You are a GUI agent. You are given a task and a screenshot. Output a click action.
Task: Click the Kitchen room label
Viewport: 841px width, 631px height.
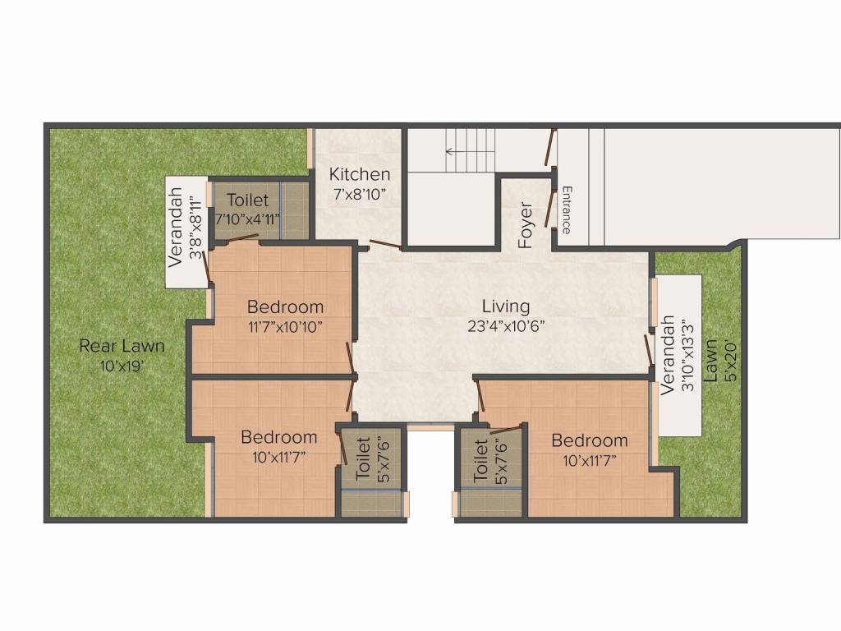[360, 174]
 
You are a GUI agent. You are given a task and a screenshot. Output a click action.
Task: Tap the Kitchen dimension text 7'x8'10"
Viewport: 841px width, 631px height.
[360, 196]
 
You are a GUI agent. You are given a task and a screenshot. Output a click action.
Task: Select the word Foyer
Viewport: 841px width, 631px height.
[526, 224]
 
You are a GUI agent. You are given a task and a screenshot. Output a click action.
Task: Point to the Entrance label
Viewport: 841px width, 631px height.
[566, 210]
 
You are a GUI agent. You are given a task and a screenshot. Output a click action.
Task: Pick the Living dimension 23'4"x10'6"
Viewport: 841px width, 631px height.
[505, 325]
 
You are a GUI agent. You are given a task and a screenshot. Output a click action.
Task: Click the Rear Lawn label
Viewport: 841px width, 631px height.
[122, 346]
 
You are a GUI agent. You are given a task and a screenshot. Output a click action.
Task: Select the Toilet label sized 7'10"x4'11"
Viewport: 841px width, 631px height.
[248, 200]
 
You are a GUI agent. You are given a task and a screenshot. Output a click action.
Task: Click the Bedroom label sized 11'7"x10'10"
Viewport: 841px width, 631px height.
[286, 307]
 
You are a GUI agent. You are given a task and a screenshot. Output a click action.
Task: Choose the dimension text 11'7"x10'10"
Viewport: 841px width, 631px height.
[286, 326]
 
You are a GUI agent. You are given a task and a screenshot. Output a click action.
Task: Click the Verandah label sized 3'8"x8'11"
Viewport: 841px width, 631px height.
[176, 233]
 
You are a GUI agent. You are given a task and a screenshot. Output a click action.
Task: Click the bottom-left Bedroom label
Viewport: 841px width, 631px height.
[279, 438]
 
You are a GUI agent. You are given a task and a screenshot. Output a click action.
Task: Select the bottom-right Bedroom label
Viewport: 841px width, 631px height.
[590, 440]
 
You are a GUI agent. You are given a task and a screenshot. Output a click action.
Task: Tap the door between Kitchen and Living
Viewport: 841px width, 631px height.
[384, 244]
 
